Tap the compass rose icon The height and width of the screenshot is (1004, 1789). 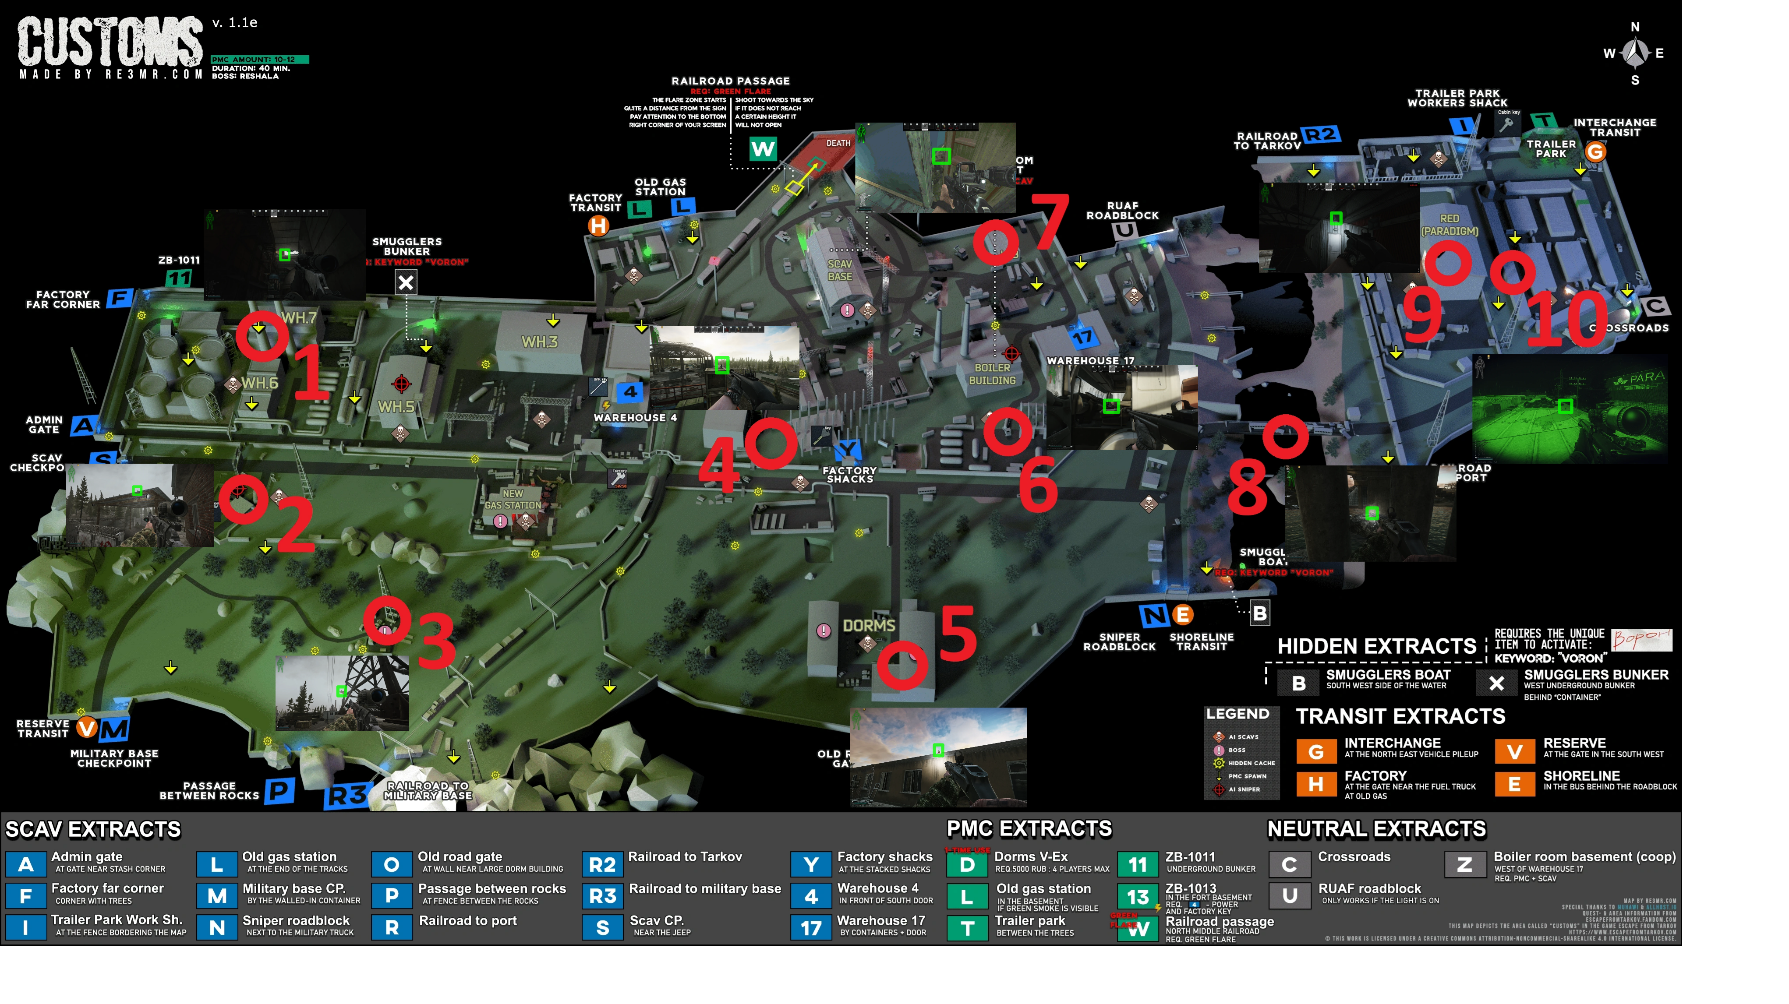1636,53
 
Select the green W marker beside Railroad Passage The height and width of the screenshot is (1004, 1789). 763,148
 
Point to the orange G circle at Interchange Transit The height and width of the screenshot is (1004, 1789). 1595,151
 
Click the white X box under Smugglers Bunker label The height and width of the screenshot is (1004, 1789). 406,282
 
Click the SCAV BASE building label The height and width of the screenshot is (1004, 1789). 840,270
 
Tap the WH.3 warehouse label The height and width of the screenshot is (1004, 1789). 540,342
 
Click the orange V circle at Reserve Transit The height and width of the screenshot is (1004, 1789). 87,728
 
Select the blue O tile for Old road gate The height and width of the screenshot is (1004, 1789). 392,864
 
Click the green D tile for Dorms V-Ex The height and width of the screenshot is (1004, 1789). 967,864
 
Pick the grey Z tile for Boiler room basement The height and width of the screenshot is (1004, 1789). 1465,864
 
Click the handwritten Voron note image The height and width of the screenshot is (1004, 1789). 1641,639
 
